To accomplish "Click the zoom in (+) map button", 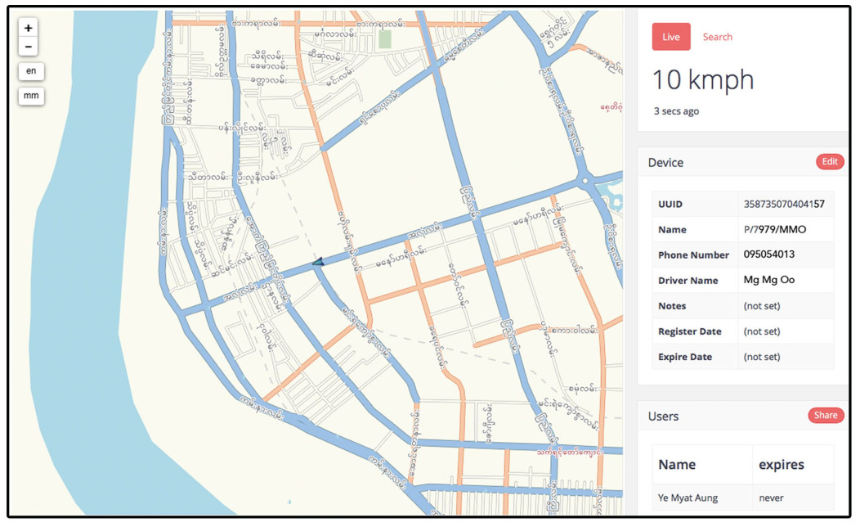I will (x=29, y=28).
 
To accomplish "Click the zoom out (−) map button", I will (x=29, y=47).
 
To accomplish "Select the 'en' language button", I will (x=31, y=71).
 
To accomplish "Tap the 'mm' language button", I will (x=31, y=96).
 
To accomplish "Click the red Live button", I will (x=671, y=37).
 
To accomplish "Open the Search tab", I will (x=717, y=37).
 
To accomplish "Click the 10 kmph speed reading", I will (x=702, y=80).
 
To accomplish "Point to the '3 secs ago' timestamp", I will (x=676, y=111).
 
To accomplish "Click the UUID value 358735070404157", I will (x=784, y=204).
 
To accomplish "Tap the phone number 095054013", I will (x=768, y=254).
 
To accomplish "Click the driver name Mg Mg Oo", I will (x=768, y=280).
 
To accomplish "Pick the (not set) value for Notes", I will (x=761, y=306).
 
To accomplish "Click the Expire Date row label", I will (x=686, y=357).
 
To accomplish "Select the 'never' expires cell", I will (x=771, y=498).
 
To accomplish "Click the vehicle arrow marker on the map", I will (x=319, y=262).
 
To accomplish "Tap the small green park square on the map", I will (x=384, y=39).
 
